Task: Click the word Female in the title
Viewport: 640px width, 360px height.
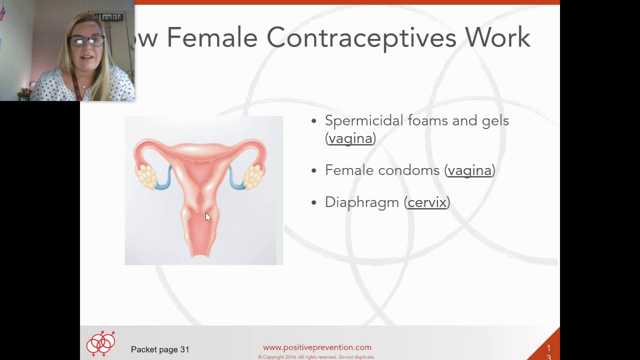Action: click(211, 37)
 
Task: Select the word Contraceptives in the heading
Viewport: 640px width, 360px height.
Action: click(361, 37)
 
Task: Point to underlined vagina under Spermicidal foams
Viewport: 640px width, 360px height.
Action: click(350, 138)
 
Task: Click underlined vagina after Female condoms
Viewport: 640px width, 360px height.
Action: click(469, 170)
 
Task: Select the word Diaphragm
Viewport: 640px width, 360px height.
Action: click(362, 202)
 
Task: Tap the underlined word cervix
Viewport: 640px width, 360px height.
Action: click(427, 202)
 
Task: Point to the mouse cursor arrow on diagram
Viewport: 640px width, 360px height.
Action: click(208, 217)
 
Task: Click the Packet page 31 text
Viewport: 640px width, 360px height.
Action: click(160, 349)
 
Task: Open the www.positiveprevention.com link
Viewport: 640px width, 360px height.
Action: click(317, 347)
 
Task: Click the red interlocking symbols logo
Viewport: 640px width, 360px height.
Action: click(101, 343)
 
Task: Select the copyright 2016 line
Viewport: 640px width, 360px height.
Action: click(316, 357)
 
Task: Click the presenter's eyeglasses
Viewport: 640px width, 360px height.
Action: click(87, 41)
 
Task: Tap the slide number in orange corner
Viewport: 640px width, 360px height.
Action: click(548, 352)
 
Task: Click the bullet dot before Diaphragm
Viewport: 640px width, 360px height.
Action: click(314, 202)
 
